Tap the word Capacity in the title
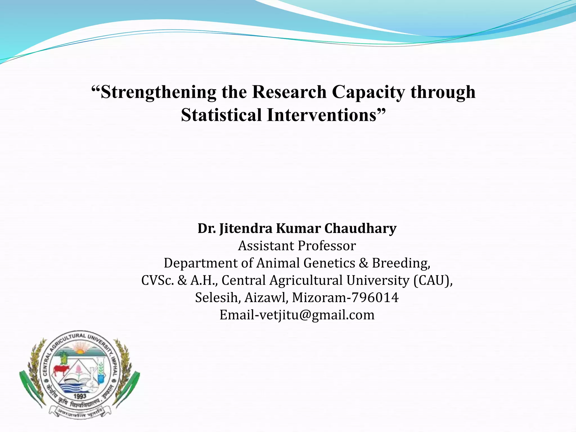coord(368,92)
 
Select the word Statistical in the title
coord(221,115)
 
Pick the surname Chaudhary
coord(360,228)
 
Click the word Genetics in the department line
coord(329,263)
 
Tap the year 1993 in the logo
coord(80,396)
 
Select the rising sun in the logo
coord(80,352)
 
